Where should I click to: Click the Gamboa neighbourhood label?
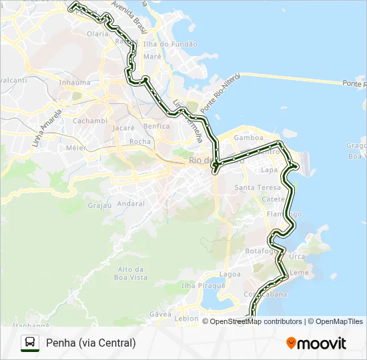(248, 138)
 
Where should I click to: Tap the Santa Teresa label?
(253, 188)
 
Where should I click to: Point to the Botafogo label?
(260, 251)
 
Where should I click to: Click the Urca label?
(297, 257)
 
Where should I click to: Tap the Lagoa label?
(230, 274)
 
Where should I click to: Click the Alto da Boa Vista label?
(131, 273)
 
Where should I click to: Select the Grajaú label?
(100, 205)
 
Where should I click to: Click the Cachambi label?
(89, 121)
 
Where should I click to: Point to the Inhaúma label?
(75, 83)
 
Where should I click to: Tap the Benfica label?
(156, 126)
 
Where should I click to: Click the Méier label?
(76, 147)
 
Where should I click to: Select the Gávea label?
(161, 313)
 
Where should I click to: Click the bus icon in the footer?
(30, 343)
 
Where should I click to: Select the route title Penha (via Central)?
(91, 343)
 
